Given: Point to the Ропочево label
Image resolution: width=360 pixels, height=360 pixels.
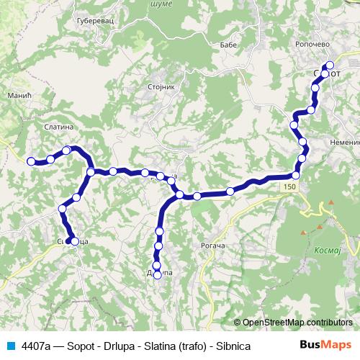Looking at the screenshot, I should pos(312,43).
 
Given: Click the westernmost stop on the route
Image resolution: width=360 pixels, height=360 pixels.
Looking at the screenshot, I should pos(31,162).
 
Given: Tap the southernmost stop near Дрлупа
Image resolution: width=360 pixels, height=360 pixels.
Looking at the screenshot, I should pos(158,275).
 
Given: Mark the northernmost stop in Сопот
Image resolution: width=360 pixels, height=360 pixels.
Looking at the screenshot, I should pos(330,66).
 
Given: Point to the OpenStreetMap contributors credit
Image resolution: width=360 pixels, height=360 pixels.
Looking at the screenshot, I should pos(297,322).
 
